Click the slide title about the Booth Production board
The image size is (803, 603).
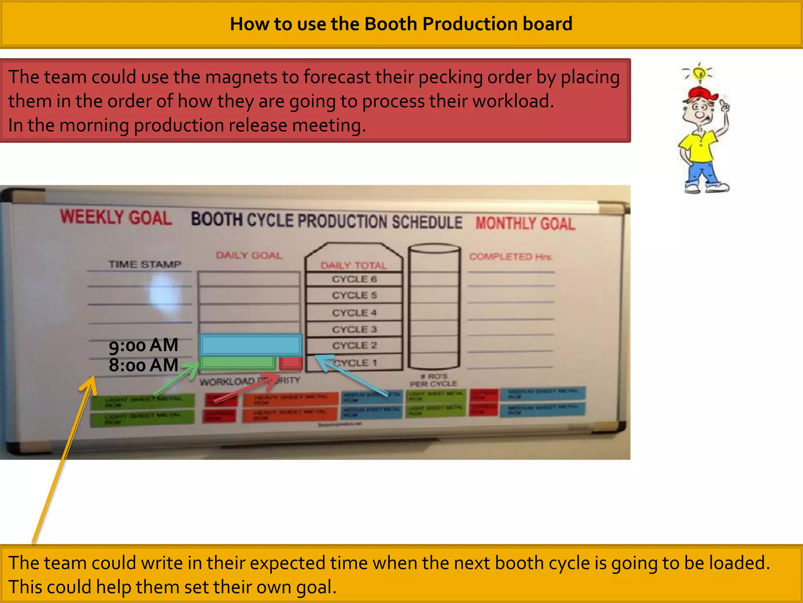[401, 24]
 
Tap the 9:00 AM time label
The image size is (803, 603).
[144, 345]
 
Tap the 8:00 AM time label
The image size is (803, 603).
[144, 365]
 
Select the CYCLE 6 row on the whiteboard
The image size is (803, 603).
[354, 279]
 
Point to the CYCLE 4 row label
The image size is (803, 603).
[354, 313]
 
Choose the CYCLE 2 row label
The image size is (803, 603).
[354, 345]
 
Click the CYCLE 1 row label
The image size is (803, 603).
[355, 363]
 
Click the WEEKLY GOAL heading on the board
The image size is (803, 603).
[116, 217]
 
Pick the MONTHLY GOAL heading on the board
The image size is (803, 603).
[525, 223]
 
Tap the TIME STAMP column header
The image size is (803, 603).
[145, 264]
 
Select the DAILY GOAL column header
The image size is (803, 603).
[249, 256]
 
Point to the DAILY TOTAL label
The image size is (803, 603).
[354, 266]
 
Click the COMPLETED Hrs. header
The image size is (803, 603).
[511, 257]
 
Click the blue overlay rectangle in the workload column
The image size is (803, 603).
[251, 345]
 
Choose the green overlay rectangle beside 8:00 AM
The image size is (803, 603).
[238, 363]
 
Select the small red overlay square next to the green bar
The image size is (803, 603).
[291, 363]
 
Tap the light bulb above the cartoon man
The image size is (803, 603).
[699, 73]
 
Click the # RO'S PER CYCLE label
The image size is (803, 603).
[434, 380]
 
